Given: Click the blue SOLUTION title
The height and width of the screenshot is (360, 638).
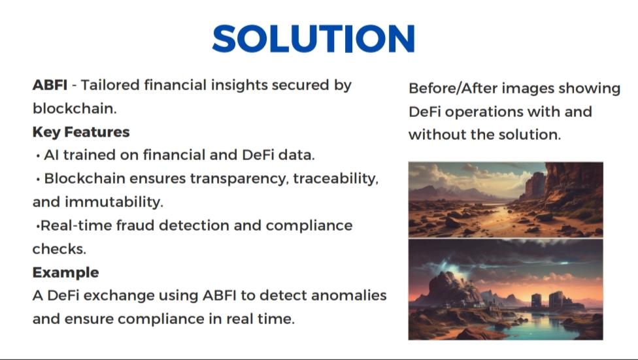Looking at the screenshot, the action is coord(313,39).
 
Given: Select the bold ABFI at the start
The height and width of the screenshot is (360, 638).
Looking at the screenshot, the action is coord(50,85).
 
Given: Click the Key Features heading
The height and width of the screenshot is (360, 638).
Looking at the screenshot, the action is coord(81,132).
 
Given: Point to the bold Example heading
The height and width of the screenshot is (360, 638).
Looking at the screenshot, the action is coord(65,272).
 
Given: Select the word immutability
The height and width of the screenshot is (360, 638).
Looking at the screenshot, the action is coord(114,202).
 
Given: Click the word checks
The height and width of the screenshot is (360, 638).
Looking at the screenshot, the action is coord(59,248).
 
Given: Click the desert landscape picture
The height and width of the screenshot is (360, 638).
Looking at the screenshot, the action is coord(506,200).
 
